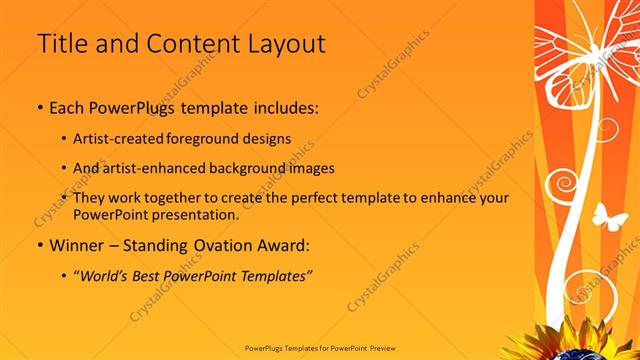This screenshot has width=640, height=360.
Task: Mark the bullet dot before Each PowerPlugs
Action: (x=39, y=106)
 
